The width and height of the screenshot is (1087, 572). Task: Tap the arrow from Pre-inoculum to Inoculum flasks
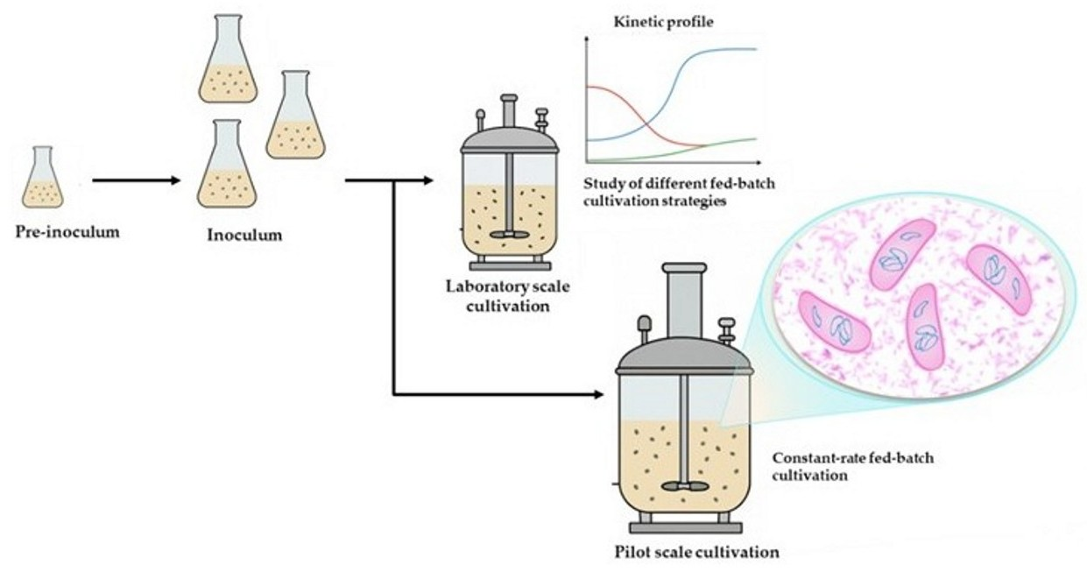point(135,181)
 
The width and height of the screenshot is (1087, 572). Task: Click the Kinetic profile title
point(664,21)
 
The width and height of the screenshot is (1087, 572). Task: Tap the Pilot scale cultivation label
point(696,553)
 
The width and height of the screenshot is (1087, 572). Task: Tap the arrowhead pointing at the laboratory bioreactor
point(427,181)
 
